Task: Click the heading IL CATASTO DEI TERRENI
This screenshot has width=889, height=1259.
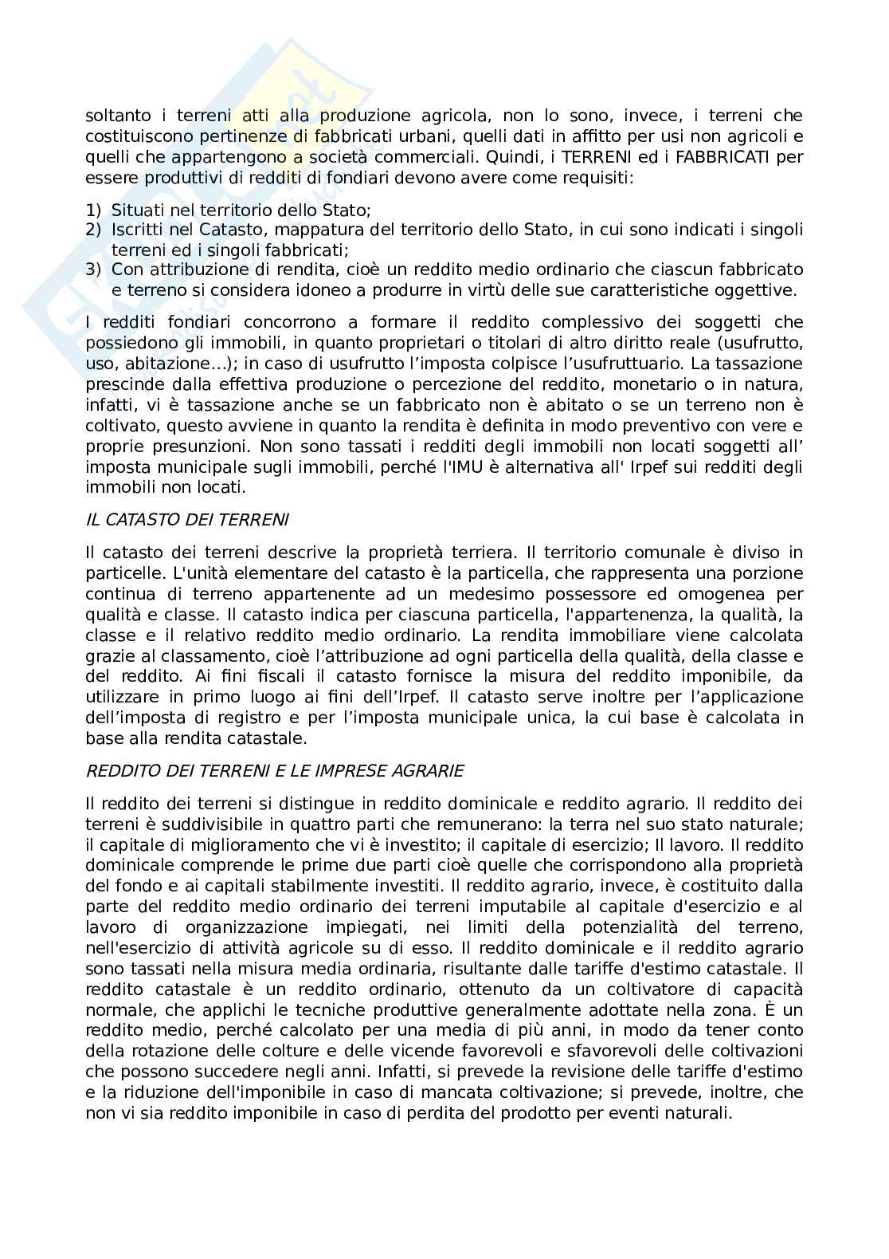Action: (187, 520)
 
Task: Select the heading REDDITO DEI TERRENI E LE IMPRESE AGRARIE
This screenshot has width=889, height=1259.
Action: (274, 770)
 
